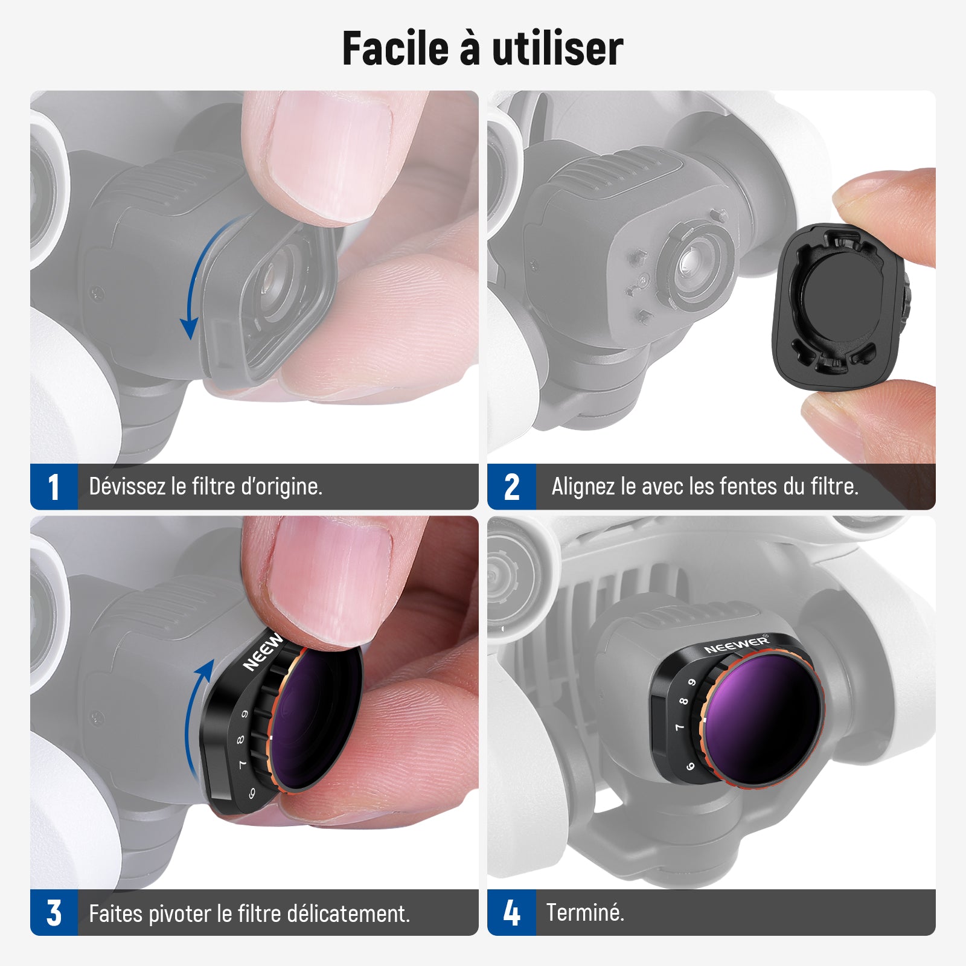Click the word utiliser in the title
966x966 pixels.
tap(557, 48)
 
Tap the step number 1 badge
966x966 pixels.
tap(54, 487)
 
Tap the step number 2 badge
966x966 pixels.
tap(511, 487)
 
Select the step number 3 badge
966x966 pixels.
tap(54, 912)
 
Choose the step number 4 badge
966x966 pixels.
tap(511, 912)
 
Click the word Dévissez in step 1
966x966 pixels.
tap(127, 486)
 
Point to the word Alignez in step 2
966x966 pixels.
tap(583, 486)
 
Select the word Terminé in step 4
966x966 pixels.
tap(584, 912)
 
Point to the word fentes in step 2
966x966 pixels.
tap(747, 486)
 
